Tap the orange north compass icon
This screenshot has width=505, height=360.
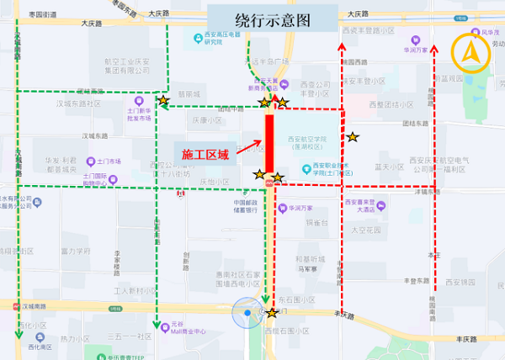(x=469, y=54)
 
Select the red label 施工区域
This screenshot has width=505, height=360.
(x=206, y=155)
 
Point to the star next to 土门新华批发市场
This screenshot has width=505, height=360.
(x=162, y=101)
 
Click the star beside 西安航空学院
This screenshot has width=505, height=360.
(x=353, y=136)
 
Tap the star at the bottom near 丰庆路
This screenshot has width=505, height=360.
(x=272, y=313)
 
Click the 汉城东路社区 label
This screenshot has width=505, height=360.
(x=78, y=103)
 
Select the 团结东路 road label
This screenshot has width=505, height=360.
(x=416, y=124)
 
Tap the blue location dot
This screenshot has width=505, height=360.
(x=247, y=315)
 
